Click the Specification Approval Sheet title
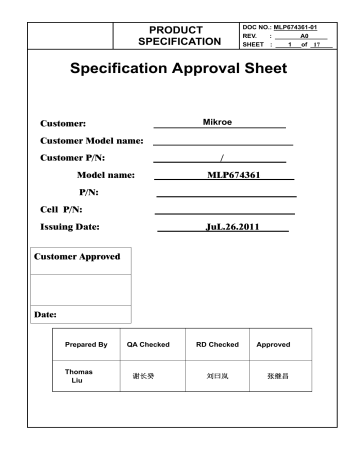pos(179,71)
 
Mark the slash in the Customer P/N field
pos(221,158)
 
